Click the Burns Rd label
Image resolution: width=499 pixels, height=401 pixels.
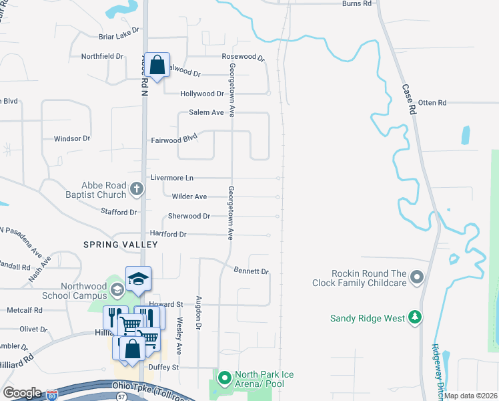coord(356,4)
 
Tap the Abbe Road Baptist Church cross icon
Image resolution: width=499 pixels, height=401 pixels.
coord(136,189)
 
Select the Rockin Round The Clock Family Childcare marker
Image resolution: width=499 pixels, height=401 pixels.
coord(418,276)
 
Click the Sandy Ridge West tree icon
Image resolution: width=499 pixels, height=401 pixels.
coord(415,317)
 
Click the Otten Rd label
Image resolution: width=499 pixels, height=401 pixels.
coord(432,103)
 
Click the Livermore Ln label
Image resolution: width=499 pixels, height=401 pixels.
coord(171,178)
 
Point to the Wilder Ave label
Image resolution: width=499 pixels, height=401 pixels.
coord(189,196)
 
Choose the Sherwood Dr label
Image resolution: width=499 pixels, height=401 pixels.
coord(189,217)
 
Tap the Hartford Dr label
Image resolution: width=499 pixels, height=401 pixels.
coord(167,235)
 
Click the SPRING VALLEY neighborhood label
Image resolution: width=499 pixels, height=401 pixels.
coord(120,245)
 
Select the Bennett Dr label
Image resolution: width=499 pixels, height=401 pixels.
coord(251,271)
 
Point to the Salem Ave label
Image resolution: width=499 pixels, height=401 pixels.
coord(206,112)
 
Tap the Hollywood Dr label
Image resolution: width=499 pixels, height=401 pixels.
coord(202,94)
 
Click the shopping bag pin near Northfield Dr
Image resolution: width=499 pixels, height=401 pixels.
coord(157,65)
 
